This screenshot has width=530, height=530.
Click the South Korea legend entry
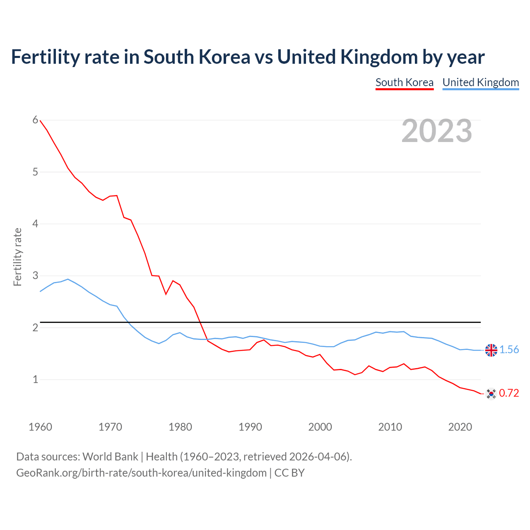[x=404, y=82]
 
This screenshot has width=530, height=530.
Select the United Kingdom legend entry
[x=480, y=82]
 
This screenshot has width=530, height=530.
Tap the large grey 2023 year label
[x=437, y=131]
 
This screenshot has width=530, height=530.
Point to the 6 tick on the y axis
[x=35, y=120]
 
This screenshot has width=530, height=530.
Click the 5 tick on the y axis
[x=35, y=172]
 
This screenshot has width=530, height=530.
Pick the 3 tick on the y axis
[x=35, y=275]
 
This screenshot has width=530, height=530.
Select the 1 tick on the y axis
[x=35, y=379]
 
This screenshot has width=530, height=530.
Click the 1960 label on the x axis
[x=40, y=427]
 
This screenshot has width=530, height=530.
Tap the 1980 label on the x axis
[x=180, y=427]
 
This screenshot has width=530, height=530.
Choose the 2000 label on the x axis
[x=320, y=427]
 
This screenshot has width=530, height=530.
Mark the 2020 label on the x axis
[x=460, y=427]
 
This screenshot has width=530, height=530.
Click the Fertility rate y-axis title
[x=17, y=257]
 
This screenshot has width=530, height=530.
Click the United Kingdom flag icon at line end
[x=491, y=350]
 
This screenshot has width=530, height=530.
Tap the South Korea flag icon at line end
[x=491, y=393]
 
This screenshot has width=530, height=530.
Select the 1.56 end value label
[x=509, y=350]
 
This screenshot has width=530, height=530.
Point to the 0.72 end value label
[x=509, y=393]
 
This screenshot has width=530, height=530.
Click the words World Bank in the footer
[x=110, y=457]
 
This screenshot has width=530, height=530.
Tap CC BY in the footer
[x=289, y=473]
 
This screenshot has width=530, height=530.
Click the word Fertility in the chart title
[x=45, y=57]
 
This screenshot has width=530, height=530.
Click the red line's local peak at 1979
[x=173, y=281]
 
